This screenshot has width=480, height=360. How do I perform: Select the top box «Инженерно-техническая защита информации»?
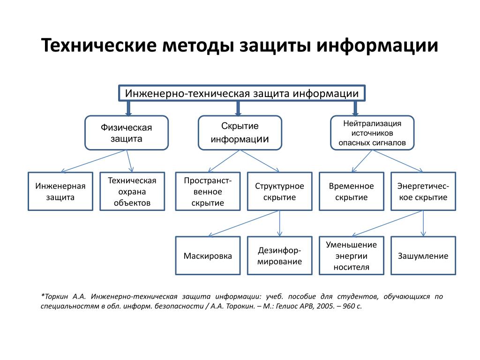click(241, 93)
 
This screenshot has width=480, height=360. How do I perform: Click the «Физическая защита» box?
click(126, 133)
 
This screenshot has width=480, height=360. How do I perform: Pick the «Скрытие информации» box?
click(240, 133)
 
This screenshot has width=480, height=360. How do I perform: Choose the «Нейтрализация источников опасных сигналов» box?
click(372, 133)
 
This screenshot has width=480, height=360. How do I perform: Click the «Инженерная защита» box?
click(60, 191)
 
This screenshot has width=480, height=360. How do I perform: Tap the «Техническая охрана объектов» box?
click(132, 191)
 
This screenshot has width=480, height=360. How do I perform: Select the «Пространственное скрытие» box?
click(208, 191)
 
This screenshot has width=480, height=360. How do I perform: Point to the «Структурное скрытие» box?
click(279, 191)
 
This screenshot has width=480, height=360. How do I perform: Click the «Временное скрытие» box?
click(351, 191)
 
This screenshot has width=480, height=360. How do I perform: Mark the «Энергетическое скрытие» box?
click(423, 191)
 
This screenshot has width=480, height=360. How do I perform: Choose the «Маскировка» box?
click(208, 255)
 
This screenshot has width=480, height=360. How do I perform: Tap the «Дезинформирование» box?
click(279, 255)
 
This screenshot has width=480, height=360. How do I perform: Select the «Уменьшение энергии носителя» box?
click(351, 255)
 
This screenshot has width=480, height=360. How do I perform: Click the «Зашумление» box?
click(423, 255)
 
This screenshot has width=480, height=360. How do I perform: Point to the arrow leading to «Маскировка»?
click(244, 223)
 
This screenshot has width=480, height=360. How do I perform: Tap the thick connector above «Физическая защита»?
click(129, 108)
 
